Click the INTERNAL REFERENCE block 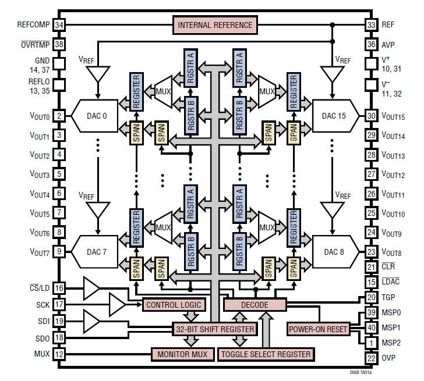click(x=215, y=25)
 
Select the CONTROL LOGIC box click(x=174, y=305)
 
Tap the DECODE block click(x=255, y=305)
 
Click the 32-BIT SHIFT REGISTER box click(x=215, y=329)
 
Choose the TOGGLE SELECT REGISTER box click(x=266, y=354)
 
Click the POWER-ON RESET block click(x=318, y=329)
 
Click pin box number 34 click(x=59, y=25)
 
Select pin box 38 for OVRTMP click(x=59, y=44)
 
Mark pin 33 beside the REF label click(x=371, y=25)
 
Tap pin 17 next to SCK click(x=59, y=304)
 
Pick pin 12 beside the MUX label click(x=59, y=354)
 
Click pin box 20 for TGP click(x=371, y=297)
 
